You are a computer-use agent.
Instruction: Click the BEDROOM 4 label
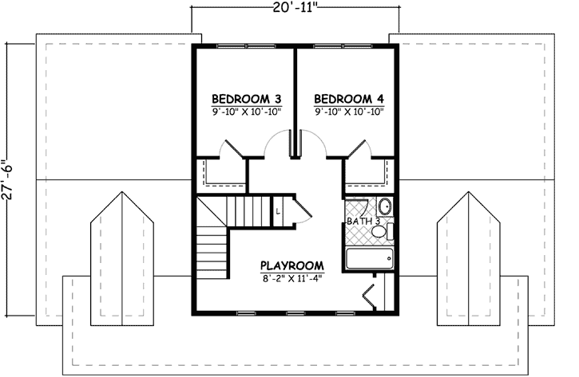pyautogui.click(x=349, y=99)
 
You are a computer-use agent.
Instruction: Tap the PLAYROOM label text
pyautogui.click(x=291, y=265)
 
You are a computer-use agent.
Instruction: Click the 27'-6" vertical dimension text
pyautogui.click(x=8, y=186)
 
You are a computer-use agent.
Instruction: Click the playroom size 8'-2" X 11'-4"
pyautogui.click(x=291, y=278)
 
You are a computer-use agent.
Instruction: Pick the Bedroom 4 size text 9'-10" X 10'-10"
pyautogui.click(x=349, y=112)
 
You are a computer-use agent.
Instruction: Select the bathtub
pyautogui.click(x=368, y=258)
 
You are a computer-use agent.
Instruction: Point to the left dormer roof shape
pyautogui.click(x=123, y=255)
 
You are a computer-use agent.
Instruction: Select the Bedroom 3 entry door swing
pyautogui.click(x=278, y=143)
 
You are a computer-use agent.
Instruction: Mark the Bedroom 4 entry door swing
pyautogui.click(x=313, y=143)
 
